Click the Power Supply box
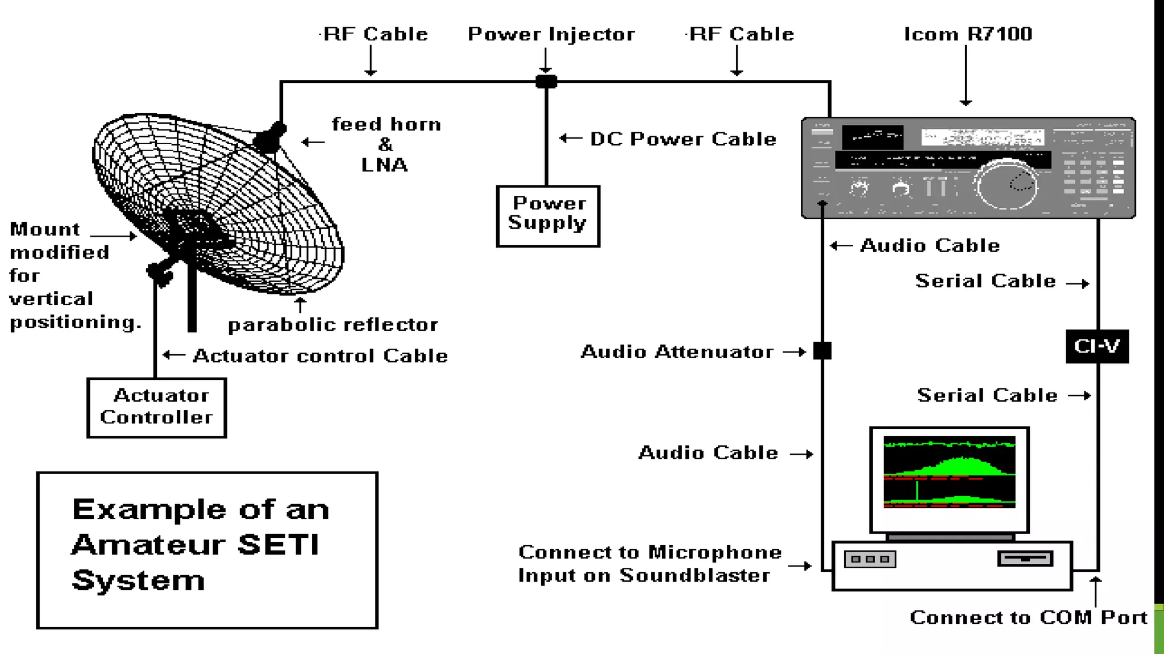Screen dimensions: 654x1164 [x=548, y=216]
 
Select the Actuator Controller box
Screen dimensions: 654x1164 [x=157, y=408]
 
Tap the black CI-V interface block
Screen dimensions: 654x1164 [x=1097, y=346]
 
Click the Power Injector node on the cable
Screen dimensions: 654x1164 [x=546, y=81]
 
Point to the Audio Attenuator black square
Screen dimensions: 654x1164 [x=822, y=351]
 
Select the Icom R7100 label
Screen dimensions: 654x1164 [x=968, y=34]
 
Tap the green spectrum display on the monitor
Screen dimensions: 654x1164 [x=949, y=472]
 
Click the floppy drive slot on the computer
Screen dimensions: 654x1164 [x=1025, y=559]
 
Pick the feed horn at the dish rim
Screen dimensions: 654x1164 [x=269, y=137]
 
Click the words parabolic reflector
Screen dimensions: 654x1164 [x=333, y=325]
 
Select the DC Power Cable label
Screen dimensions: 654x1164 [x=683, y=139]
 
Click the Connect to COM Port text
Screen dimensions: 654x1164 [x=1028, y=617]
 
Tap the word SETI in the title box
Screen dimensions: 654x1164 [x=278, y=544]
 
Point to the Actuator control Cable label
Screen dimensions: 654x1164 [x=320, y=356]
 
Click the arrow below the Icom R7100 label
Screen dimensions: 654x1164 [x=966, y=77]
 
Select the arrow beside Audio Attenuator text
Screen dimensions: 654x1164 [x=794, y=352]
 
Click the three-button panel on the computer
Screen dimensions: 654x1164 [x=870, y=559]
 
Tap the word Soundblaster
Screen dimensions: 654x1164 [x=695, y=576]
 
